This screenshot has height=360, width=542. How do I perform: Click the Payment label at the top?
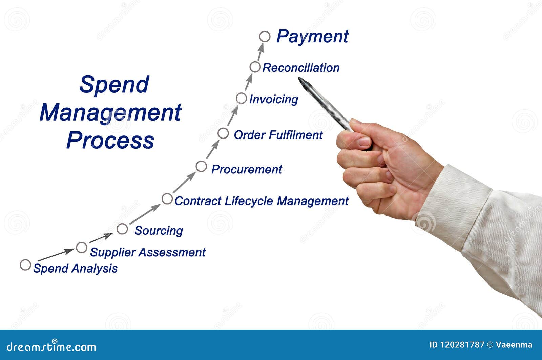(312, 37)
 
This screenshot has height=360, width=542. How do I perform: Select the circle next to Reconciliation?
(255, 67)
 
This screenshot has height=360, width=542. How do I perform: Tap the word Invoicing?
(273, 99)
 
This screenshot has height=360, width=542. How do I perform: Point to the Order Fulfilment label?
(278, 135)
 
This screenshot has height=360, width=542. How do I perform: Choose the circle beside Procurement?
(201, 166)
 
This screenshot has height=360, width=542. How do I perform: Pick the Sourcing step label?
(159, 231)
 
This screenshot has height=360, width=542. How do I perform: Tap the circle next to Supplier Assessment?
(82, 248)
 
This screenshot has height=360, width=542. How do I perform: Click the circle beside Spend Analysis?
(25, 265)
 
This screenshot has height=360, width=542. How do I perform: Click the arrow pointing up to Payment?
(260, 52)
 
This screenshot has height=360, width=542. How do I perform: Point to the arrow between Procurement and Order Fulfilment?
(213, 149)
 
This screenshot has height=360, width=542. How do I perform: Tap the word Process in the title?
(110, 140)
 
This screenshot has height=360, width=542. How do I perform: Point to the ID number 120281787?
(462, 345)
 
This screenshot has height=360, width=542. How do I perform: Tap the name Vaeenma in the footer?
(514, 345)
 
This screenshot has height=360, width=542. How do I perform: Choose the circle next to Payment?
(265, 37)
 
